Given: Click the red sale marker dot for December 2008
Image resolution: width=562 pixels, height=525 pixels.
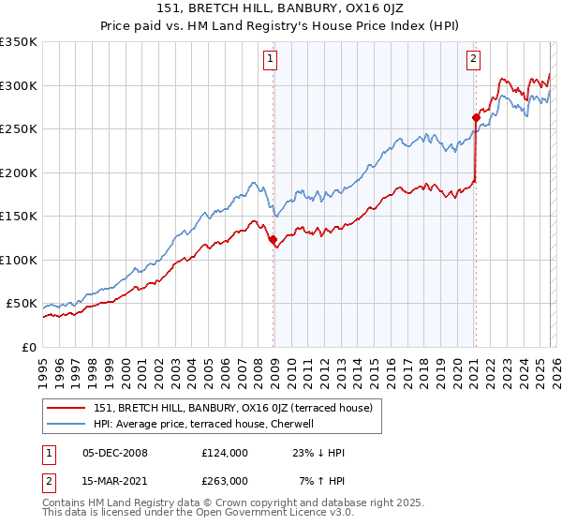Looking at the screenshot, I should [274, 240].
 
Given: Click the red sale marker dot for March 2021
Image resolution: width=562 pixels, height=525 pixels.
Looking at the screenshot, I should [475, 118].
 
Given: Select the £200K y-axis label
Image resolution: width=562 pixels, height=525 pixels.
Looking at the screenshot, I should [19, 172].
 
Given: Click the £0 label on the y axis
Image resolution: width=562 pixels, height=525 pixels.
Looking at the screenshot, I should [28, 347].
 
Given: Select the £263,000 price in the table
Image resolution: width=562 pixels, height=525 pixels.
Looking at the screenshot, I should [224, 480].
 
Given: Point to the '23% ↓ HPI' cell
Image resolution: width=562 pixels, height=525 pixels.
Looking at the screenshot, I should [318, 453].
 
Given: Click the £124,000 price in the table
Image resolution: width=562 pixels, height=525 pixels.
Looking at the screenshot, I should [224, 453].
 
